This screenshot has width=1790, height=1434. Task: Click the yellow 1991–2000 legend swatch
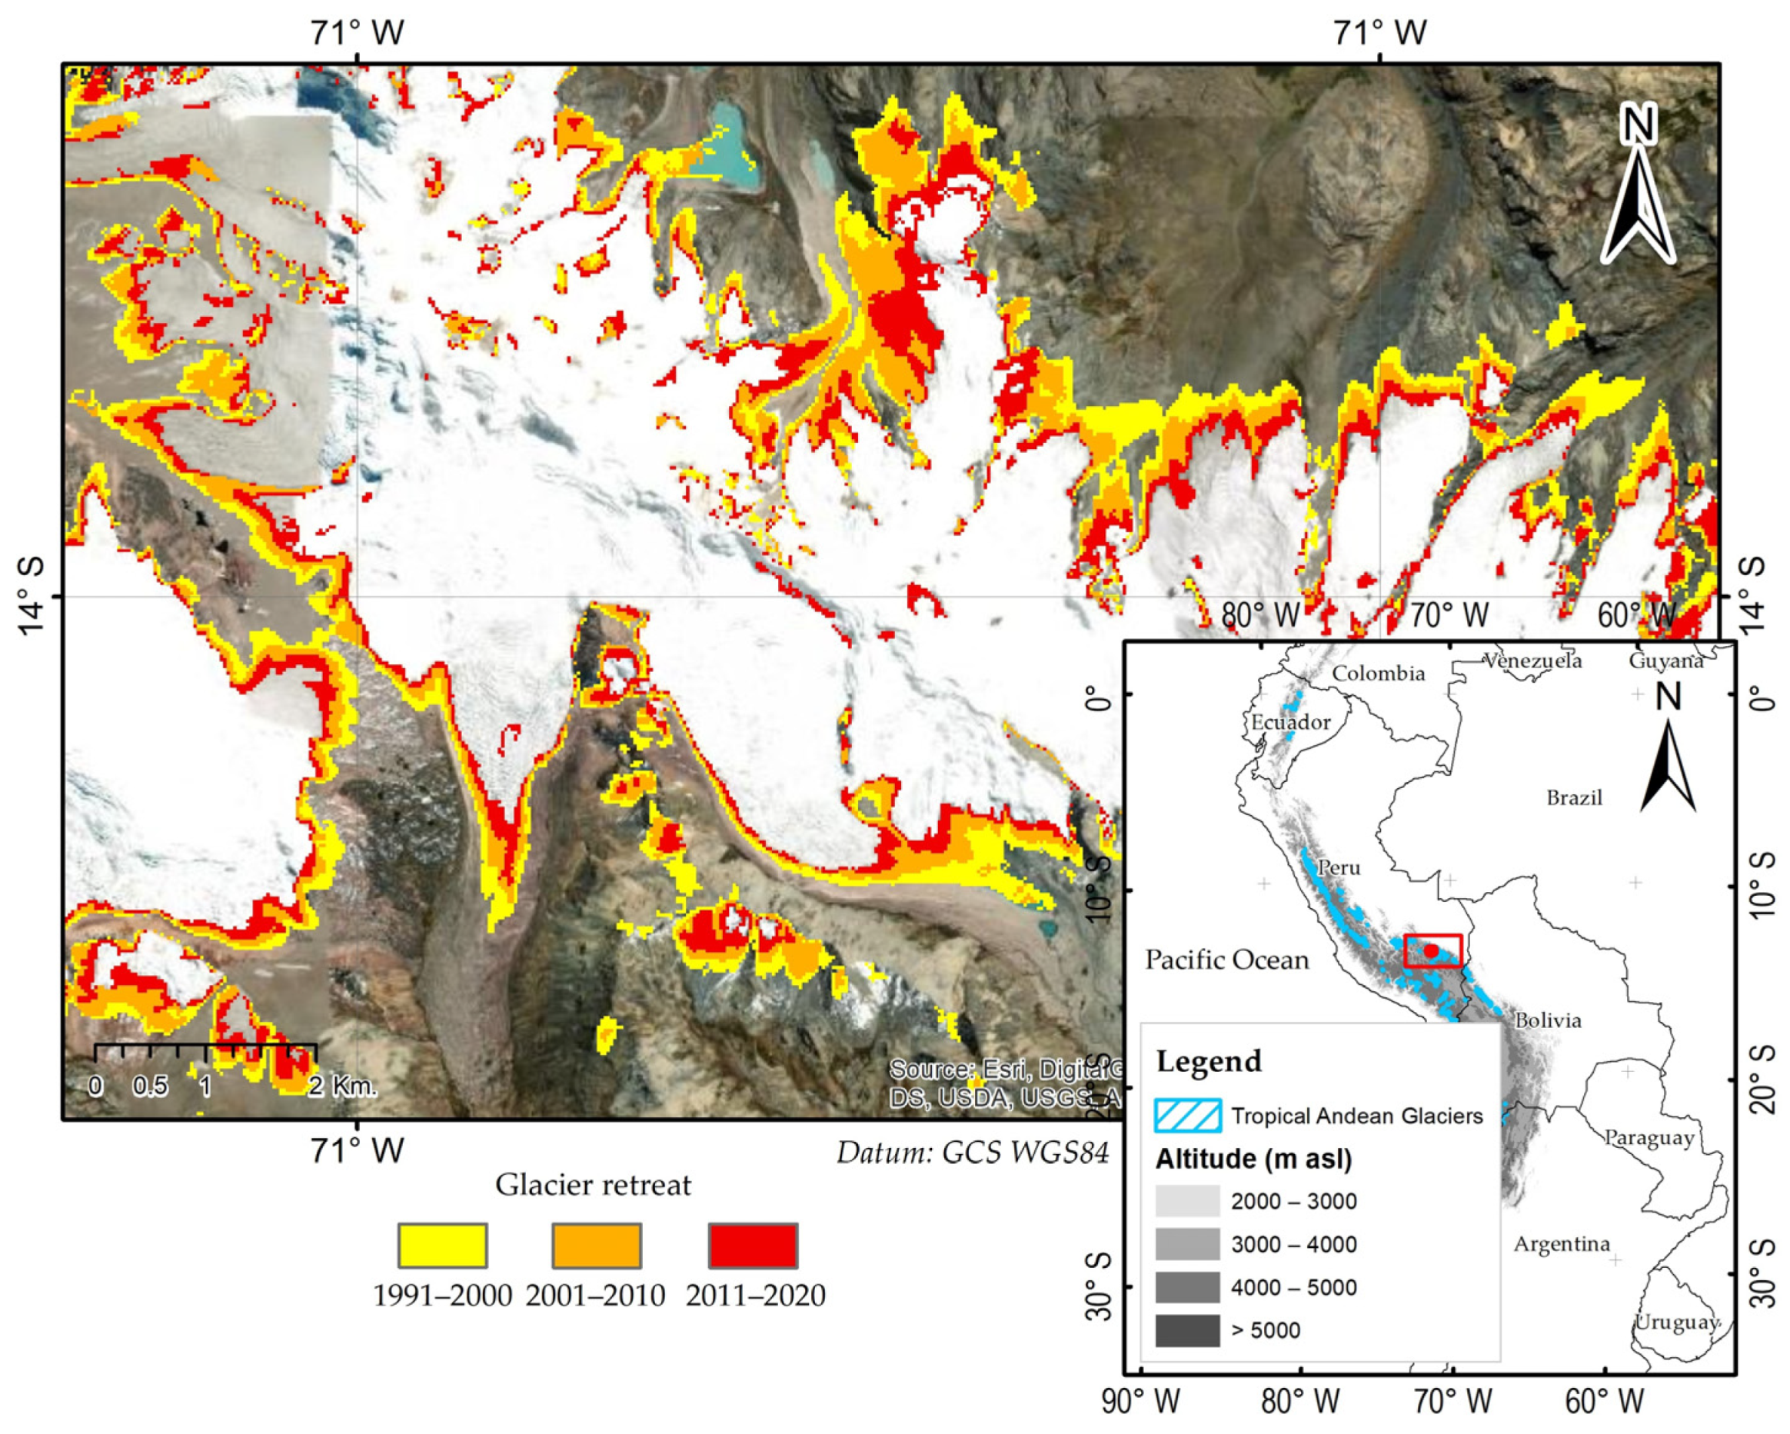tap(443, 1245)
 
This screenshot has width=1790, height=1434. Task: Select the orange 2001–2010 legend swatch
tap(597, 1245)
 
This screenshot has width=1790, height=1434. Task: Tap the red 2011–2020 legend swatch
tap(753, 1245)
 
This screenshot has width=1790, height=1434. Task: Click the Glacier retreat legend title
tap(593, 1185)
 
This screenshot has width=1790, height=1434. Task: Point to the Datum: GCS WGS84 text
tap(972, 1153)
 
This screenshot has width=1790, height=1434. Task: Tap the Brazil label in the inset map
tap(1574, 798)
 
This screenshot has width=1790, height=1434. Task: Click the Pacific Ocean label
tap(1226, 960)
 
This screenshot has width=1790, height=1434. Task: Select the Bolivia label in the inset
tap(1548, 1020)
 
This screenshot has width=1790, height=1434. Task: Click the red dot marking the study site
tap(1430, 950)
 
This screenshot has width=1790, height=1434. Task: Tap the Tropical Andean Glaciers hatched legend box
tap(1187, 1116)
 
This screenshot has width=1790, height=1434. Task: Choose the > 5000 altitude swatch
tap(1187, 1330)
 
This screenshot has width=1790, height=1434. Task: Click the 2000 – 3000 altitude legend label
tap(1293, 1202)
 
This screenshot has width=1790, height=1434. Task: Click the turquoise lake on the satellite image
tap(727, 149)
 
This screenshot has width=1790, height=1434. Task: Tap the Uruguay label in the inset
tap(1675, 1322)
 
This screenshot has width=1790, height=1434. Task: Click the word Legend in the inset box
tap(1209, 1061)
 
